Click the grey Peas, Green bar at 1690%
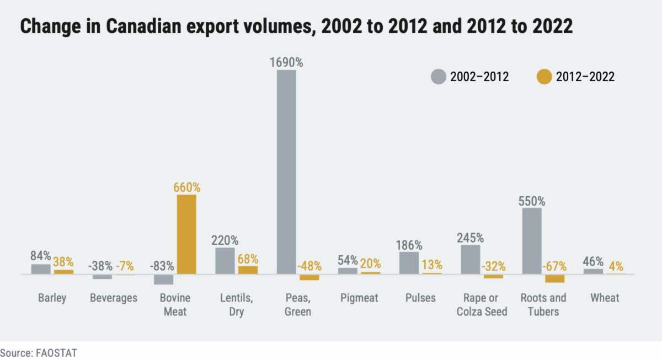click(x=286, y=171)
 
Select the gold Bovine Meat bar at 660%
click(x=186, y=234)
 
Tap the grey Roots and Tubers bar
click(x=531, y=241)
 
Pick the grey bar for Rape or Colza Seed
click(x=470, y=259)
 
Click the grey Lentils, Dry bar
click(x=225, y=261)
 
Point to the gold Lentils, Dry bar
click(x=248, y=270)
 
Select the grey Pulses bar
click(x=409, y=263)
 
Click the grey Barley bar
click(x=41, y=269)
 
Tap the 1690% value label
click(x=286, y=62)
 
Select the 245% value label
click(x=470, y=238)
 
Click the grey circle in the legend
click(x=438, y=77)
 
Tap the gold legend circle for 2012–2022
click(x=544, y=77)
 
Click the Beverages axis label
click(x=114, y=298)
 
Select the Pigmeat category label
click(x=359, y=298)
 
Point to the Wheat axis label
click(x=605, y=298)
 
